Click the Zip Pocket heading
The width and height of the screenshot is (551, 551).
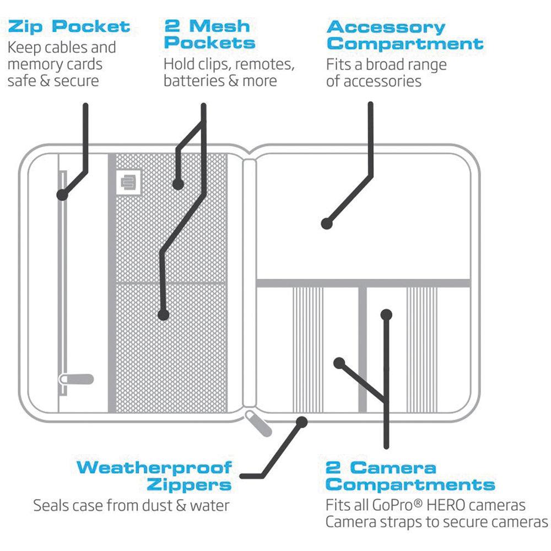[x=69, y=26]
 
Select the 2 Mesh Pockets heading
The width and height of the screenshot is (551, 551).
[x=210, y=34]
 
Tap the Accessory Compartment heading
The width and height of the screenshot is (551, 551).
[x=404, y=34]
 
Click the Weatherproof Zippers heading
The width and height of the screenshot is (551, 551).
[x=154, y=477]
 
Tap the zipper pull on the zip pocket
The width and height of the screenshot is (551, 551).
[x=75, y=380]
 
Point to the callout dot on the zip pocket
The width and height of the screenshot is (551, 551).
[x=62, y=195]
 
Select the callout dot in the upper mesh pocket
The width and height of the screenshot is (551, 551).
[x=177, y=185]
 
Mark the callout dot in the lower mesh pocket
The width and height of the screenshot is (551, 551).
[x=163, y=315]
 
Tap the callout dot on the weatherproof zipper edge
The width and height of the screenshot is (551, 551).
[x=301, y=422]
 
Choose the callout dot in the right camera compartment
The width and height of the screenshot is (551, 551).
[x=386, y=315]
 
